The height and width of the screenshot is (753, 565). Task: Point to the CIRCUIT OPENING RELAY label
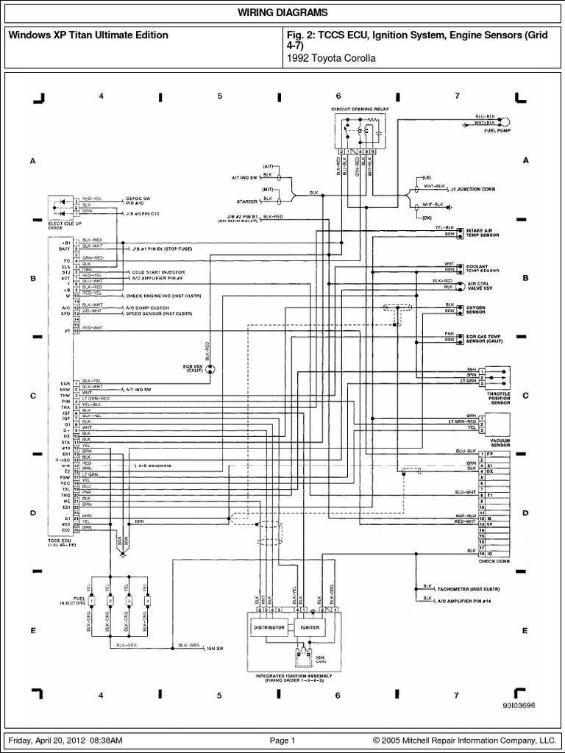(360, 109)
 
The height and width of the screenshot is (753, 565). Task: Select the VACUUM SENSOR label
(500, 443)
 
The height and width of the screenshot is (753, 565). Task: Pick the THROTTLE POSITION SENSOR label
(500, 398)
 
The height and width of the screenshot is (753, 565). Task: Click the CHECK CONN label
(494, 561)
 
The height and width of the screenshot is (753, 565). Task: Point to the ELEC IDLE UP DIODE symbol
(62, 207)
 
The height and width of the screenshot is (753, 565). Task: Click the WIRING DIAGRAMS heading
(282, 14)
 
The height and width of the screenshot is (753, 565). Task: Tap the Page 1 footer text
(282, 740)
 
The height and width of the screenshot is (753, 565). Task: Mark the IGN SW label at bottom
(216, 649)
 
